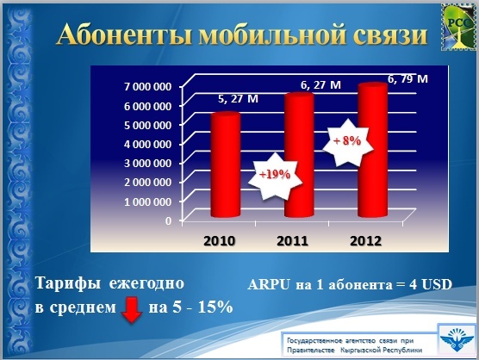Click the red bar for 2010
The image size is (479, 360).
click(226, 165)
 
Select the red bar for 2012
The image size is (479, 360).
click(372, 150)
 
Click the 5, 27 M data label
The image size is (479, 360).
click(239, 99)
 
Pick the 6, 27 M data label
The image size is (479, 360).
click(320, 85)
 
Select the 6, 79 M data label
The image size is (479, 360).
click(407, 78)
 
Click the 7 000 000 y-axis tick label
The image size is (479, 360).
click(147, 87)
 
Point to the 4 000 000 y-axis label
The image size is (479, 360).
click(147, 144)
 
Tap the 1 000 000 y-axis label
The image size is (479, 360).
click(147, 202)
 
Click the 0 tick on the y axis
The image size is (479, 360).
click(168, 220)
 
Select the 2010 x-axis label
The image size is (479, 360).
click(220, 241)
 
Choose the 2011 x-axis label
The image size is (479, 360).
click(292, 241)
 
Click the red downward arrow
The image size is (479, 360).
click(132, 311)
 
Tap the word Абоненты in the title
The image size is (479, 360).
click(125, 34)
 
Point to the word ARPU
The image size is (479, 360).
click(269, 284)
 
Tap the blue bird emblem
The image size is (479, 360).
click(457, 339)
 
